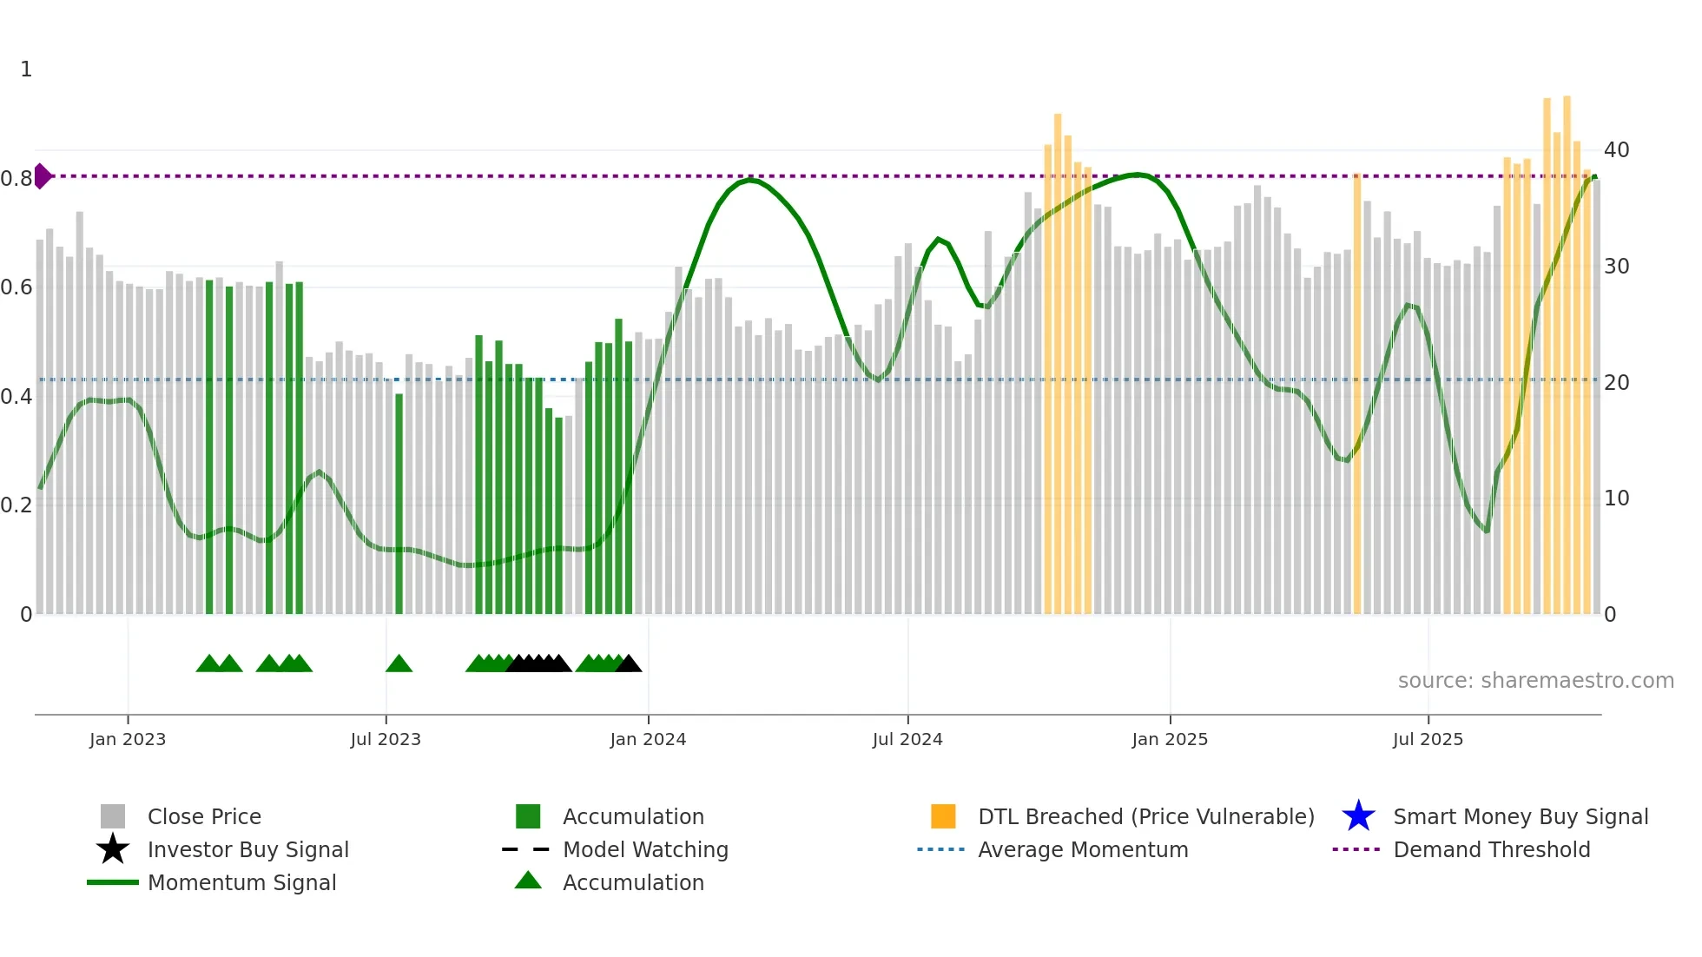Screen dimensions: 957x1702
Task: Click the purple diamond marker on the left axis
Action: pos(42,176)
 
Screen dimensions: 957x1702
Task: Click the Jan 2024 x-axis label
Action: pos(648,739)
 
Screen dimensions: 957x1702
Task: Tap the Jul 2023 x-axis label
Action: pos(386,739)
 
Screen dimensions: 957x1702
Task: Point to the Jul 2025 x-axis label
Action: pos(1428,739)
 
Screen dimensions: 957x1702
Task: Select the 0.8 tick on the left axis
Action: pos(16,179)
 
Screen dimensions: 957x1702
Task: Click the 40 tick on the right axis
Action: pos(1616,150)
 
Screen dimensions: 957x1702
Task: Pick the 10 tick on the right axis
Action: pos(1616,498)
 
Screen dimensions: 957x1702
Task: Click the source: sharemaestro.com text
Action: pos(1535,681)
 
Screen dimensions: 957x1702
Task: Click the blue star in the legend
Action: pos(1358,816)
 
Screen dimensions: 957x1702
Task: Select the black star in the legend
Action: pos(113,849)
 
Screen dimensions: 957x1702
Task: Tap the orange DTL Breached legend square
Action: pos(943,816)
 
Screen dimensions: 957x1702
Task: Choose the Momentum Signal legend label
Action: pos(241,882)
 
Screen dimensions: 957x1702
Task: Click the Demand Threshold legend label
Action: pos(1491,849)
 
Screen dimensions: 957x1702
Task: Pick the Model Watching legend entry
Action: pos(644,849)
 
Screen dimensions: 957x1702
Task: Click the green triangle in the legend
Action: pos(528,881)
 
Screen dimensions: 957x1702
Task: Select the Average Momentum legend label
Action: pos(1082,849)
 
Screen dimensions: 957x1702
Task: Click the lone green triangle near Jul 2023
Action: pos(399,664)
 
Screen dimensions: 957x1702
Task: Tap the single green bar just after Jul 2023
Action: pos(399,504)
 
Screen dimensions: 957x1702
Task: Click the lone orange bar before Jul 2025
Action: pos(1357,391)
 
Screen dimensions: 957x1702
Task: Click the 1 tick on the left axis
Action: pos(26,69)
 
